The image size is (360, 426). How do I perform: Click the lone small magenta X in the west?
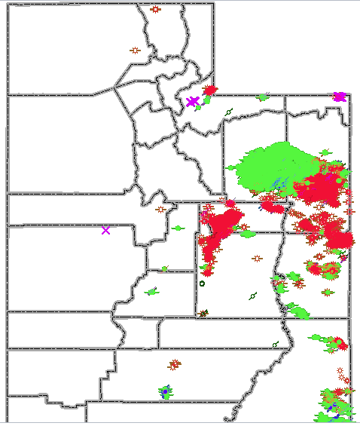pyautogui.click(x=105, y=230)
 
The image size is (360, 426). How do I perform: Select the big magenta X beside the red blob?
pyautogui.click(x=193, y=101)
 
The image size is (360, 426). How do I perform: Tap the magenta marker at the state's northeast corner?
pyautogui.click(x=339, y=97)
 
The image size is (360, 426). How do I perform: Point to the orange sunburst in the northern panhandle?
pyautogui.click(x=155, y=10)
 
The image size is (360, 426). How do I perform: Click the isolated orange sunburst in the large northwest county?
pyautogui.click(x=135, y=51)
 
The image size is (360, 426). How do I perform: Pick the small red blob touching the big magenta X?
pyautogui.click(x=210, y=91)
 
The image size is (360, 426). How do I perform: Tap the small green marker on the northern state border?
pyautogui.click(x=263, y=97)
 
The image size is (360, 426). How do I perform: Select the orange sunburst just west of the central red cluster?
pyautogui.click(x=160, y=209)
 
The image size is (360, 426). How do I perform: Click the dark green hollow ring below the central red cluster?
pyautogui.click(x=202, y=284)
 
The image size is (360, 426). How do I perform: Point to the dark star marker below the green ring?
pyautogui.click(x=203, y=312)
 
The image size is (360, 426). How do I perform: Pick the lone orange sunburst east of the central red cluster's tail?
pyautogui.click(x=258, y=259)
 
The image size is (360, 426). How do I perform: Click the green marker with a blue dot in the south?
pyautogui.click(x=164, y=392)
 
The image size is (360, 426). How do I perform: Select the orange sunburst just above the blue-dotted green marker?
pyautogui.click(x=175, y=364)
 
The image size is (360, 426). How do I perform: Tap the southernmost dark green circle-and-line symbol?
pyautogui.click(x=275, y=345)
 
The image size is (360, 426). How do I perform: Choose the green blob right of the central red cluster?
pyautogui.click(x=247, y=234)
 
